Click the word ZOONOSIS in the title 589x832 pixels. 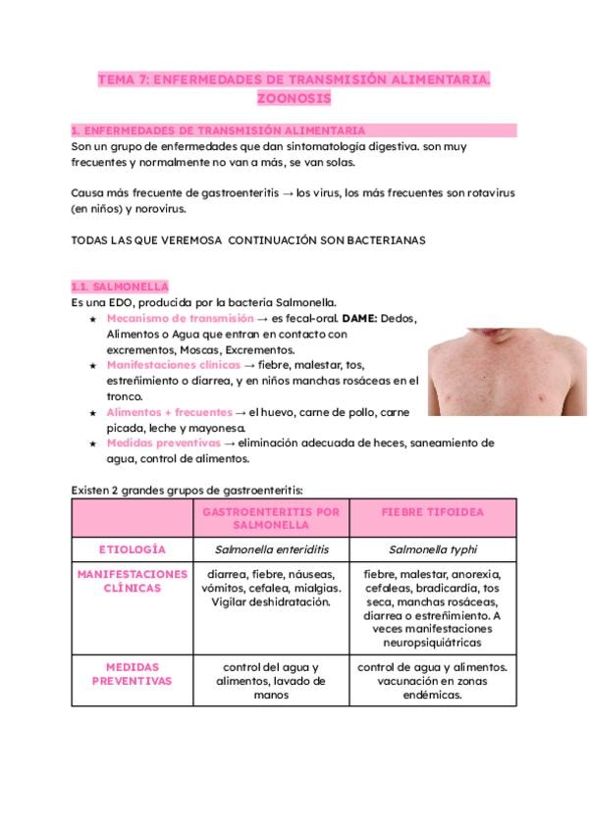[294, 99]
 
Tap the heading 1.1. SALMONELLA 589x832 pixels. [120, 286]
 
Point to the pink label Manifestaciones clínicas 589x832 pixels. [173, 365]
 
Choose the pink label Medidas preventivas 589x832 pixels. [164, 443]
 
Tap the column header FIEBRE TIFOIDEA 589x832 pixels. [432, 512]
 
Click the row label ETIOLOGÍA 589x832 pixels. [134, 549]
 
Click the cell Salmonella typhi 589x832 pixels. [432, 549]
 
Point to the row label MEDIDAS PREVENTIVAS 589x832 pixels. [134, 673]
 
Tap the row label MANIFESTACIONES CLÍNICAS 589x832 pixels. [134, 581]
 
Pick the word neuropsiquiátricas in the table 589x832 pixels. [433, 643]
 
